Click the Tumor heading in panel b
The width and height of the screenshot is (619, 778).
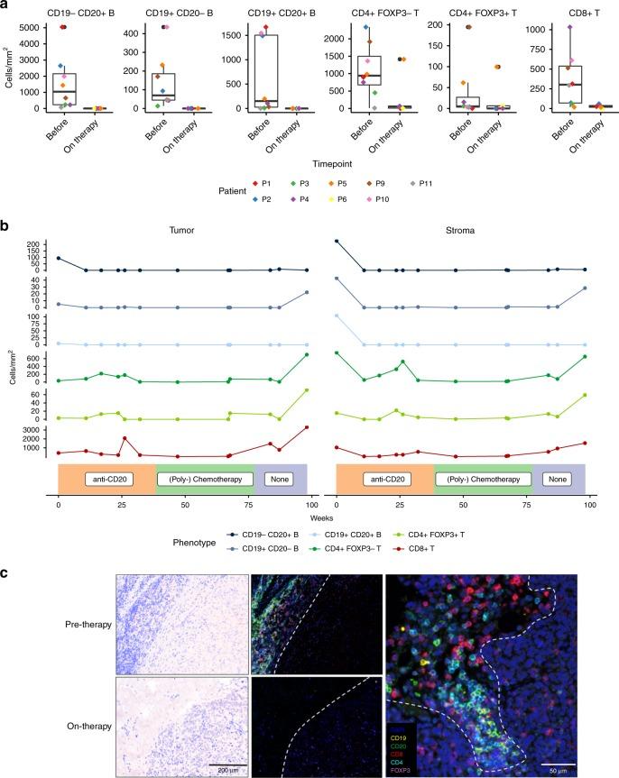pos(182,230)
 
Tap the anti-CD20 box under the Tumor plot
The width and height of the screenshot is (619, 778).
pos(106,479)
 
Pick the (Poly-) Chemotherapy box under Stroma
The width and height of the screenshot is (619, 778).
pos(483,479)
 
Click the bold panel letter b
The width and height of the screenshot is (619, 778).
pos(5,222)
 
